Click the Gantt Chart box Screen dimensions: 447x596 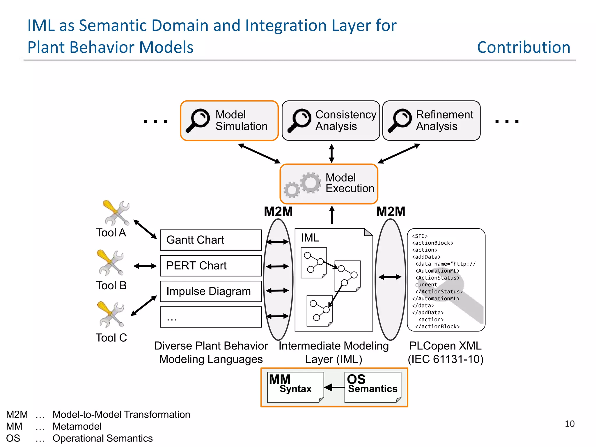coord(211,240)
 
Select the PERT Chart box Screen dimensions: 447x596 coord(211,266)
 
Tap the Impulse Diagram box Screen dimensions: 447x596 coord(211,291)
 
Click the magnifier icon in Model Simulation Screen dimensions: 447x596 coord(198,120)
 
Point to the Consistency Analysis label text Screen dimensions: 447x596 coord(345,120)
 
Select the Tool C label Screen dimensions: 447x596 coord(111,338)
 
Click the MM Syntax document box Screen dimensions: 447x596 coord(295,387)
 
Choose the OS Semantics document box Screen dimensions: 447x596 coord(372,387)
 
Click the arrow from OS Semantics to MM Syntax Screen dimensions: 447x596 coord(334,387)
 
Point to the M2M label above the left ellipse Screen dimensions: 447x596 coord(278,212)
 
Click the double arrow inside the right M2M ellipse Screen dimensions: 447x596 coord(390,277)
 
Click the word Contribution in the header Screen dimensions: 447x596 coord(524,47)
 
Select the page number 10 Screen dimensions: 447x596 coord(570,424)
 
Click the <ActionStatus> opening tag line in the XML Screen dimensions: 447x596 coord(437,278)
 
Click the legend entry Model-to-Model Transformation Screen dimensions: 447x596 coord(121,414)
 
